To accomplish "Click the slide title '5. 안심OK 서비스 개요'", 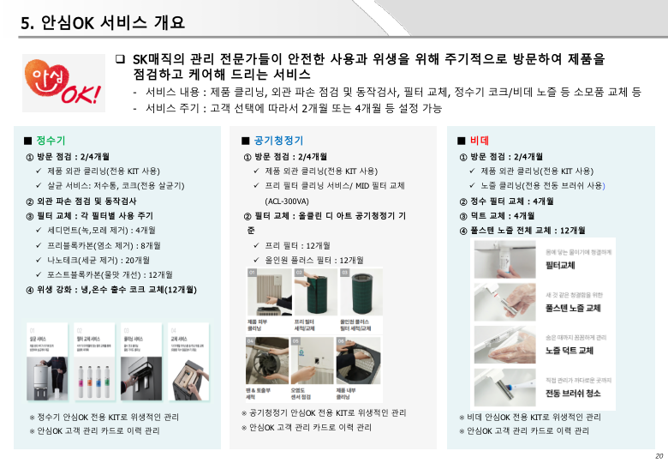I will coord(103,23).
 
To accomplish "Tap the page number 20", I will coord(659,455).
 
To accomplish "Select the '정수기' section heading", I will coord(51,141).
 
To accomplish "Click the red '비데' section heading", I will coord(477,141).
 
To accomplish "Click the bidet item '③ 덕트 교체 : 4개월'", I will coord(498,215).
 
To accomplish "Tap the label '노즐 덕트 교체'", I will coord(570,351).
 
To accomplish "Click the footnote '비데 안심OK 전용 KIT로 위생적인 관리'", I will coord(529,417).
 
